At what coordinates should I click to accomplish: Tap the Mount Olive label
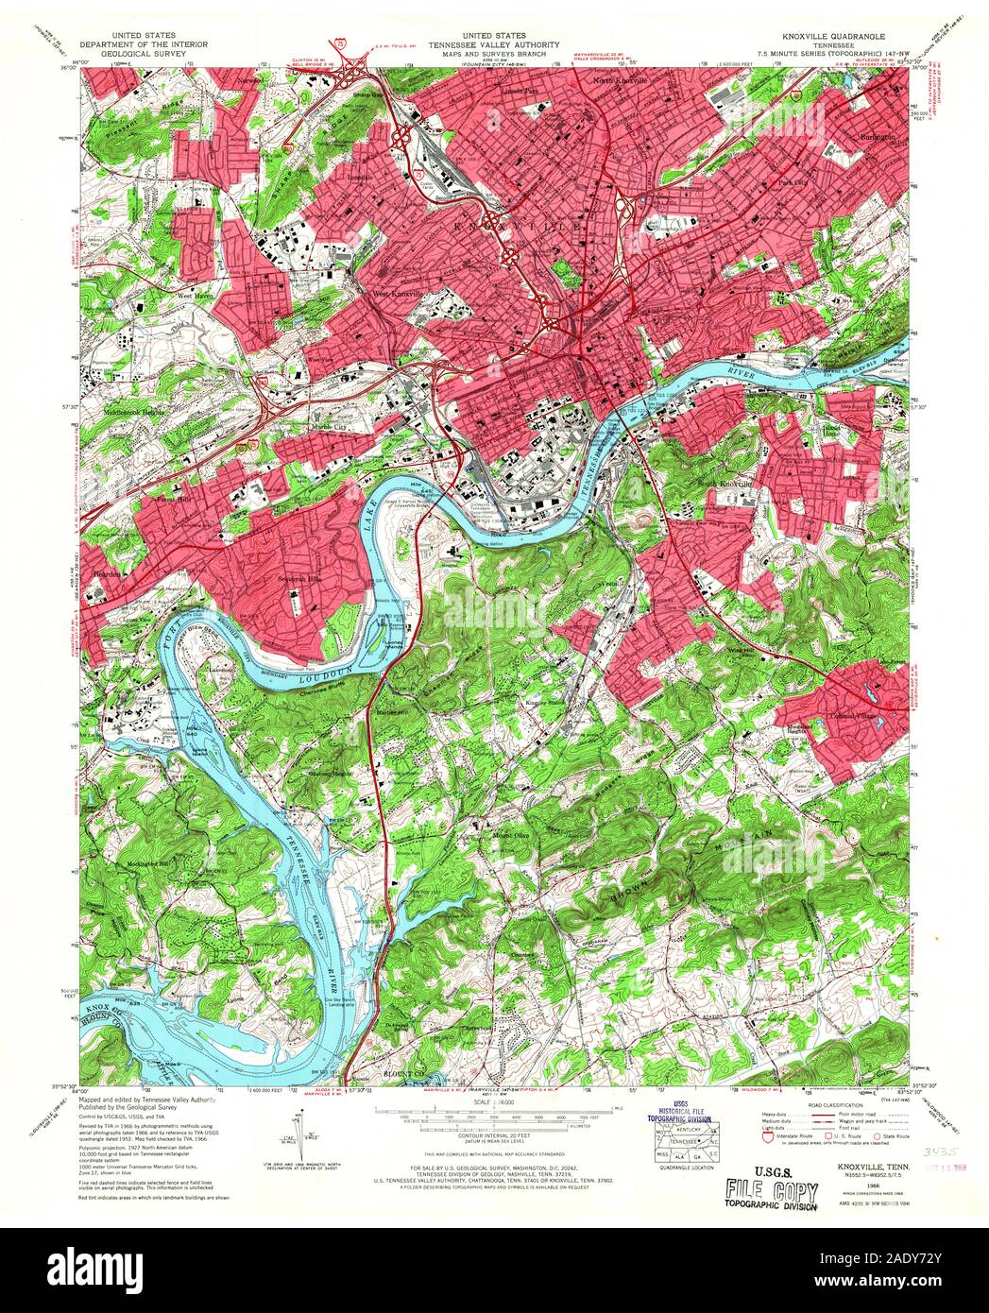pos(509,837)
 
